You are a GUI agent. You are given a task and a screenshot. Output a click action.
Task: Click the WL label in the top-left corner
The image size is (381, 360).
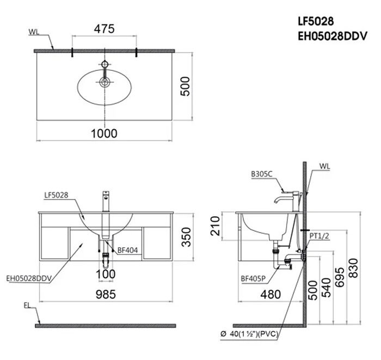34,32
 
